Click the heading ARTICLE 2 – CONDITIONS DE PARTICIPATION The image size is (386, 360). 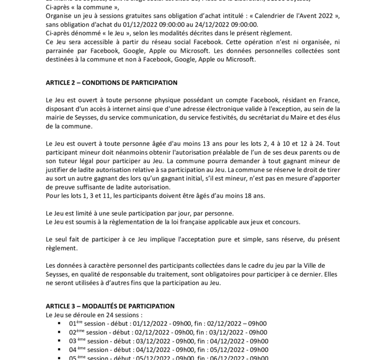pyautogui.click(x=111, y=83)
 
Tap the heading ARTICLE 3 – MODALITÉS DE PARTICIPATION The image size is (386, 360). pyautogui.click(x=110, y=306)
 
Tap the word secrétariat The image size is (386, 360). pyautogui.click(x=261, y=118)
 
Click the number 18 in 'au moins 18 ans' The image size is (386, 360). pyautogui.click(x=245, y=196)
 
